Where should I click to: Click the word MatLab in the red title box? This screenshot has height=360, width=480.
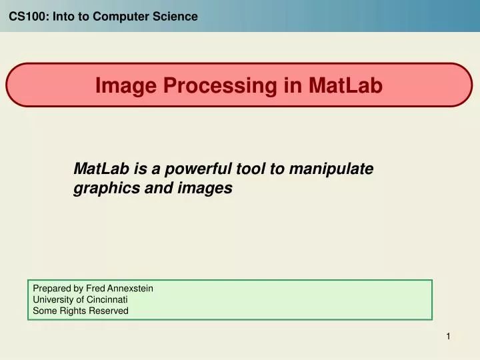pyautogui.click(x=346, y=85)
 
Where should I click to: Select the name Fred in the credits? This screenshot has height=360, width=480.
pyautogui.click(x=95, y=289)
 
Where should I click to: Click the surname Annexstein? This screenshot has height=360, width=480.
pyautogui.click(x=129, y=289)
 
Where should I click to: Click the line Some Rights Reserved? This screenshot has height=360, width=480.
pyautogui.click(x=81, y=311)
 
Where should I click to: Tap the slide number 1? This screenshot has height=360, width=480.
pyautogui.click(x=449, y=337)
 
